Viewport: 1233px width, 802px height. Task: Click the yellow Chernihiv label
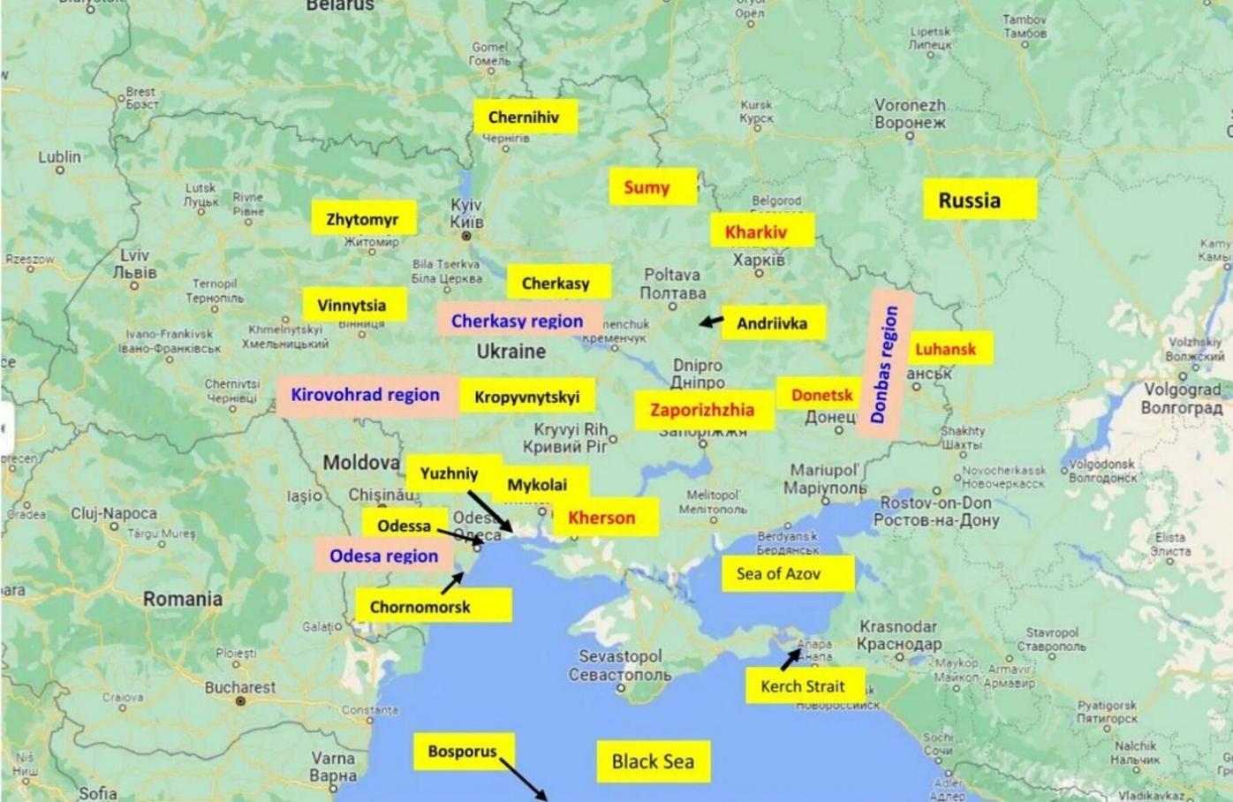pyautogui.click(x=525, y=117)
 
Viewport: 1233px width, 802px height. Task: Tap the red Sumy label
pyautogui.click(x=647, y=187)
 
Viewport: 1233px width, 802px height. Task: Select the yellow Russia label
pyautogui.click(x=970, y=200)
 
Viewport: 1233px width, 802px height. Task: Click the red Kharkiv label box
pyautogui.click(x=756, y=232)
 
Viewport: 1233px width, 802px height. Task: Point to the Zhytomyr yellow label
pyautogui.click(x=362, y=218)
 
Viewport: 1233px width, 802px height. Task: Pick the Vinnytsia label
pyautogui.click(x=352, y=305)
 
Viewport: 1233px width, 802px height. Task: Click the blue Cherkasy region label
pyautogui.click(x=518, y=321)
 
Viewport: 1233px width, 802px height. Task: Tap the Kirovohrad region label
pyautogui.click(x=366, y=395)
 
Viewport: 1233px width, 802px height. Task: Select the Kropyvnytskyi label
pyautogui.click(x=527, y=397)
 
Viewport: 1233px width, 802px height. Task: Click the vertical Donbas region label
pyautogui.click(x=885, y=364)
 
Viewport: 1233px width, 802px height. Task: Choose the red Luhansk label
pyautogui.click(x=945, y=348)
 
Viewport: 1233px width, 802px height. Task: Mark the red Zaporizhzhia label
pyautogui.click(x=702, y=410)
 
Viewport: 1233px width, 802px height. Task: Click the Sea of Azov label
pyautogui.click(x=779, y=573)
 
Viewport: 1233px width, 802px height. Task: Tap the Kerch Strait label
pyautogui.click(x=803, y=685)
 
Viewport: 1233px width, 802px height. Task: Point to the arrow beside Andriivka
pyautogui.click(x=711, y=322)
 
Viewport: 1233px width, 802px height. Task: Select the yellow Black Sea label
pyautogui.click(x=653, y=760)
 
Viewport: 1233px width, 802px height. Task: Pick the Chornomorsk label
pyautogui.click(x=420, y=607)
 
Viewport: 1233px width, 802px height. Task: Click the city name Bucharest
pyautogui.click(x=240, y=686)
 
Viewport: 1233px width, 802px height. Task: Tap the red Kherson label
pyautogui.click(x=601, y=518)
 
